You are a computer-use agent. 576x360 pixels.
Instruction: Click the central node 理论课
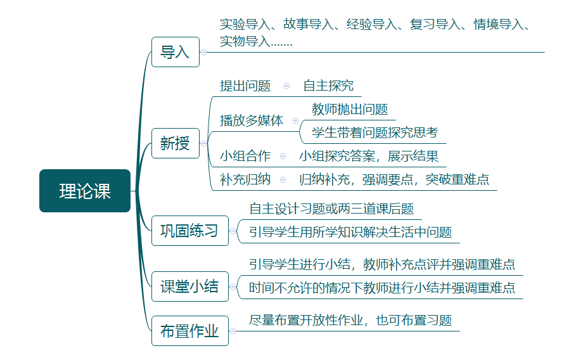(x=85, y=191)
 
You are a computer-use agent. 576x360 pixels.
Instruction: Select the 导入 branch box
(x=175, y=52)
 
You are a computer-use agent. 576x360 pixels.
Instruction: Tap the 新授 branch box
(x=175, y=143)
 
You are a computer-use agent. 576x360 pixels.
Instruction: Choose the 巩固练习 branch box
(x=189, y=230)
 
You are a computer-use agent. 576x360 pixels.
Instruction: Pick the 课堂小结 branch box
(x=189, y=286)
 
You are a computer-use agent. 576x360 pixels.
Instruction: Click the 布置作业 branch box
(x=189, y=330)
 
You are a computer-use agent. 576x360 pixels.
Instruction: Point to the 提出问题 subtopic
(x=245, y=86)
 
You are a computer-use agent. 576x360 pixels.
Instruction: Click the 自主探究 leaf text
(x=328, y=86)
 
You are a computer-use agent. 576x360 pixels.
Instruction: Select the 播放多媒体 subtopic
(x=252, y=120)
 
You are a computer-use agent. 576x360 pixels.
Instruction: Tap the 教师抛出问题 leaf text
(x=350, y=110)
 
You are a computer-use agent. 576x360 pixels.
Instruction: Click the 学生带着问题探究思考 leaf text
(x=375, y=132)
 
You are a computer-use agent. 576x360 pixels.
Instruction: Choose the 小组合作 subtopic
(x=245, y=156)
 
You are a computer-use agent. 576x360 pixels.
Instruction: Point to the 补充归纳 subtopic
(x=245, y=179)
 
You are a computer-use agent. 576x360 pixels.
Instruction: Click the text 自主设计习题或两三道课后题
(x=331, y=209)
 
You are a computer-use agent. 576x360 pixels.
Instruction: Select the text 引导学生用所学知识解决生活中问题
(x=350, y=232)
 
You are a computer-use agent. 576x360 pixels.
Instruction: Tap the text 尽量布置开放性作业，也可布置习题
(x=350, y=320)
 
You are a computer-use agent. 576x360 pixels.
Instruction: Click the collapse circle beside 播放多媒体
(x=295, y=120)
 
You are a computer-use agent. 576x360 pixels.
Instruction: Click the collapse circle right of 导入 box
(x=204, y=52)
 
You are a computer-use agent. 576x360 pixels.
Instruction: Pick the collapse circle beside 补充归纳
(x=283, y=179)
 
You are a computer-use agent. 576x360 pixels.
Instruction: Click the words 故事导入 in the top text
(x=308, y=25)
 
